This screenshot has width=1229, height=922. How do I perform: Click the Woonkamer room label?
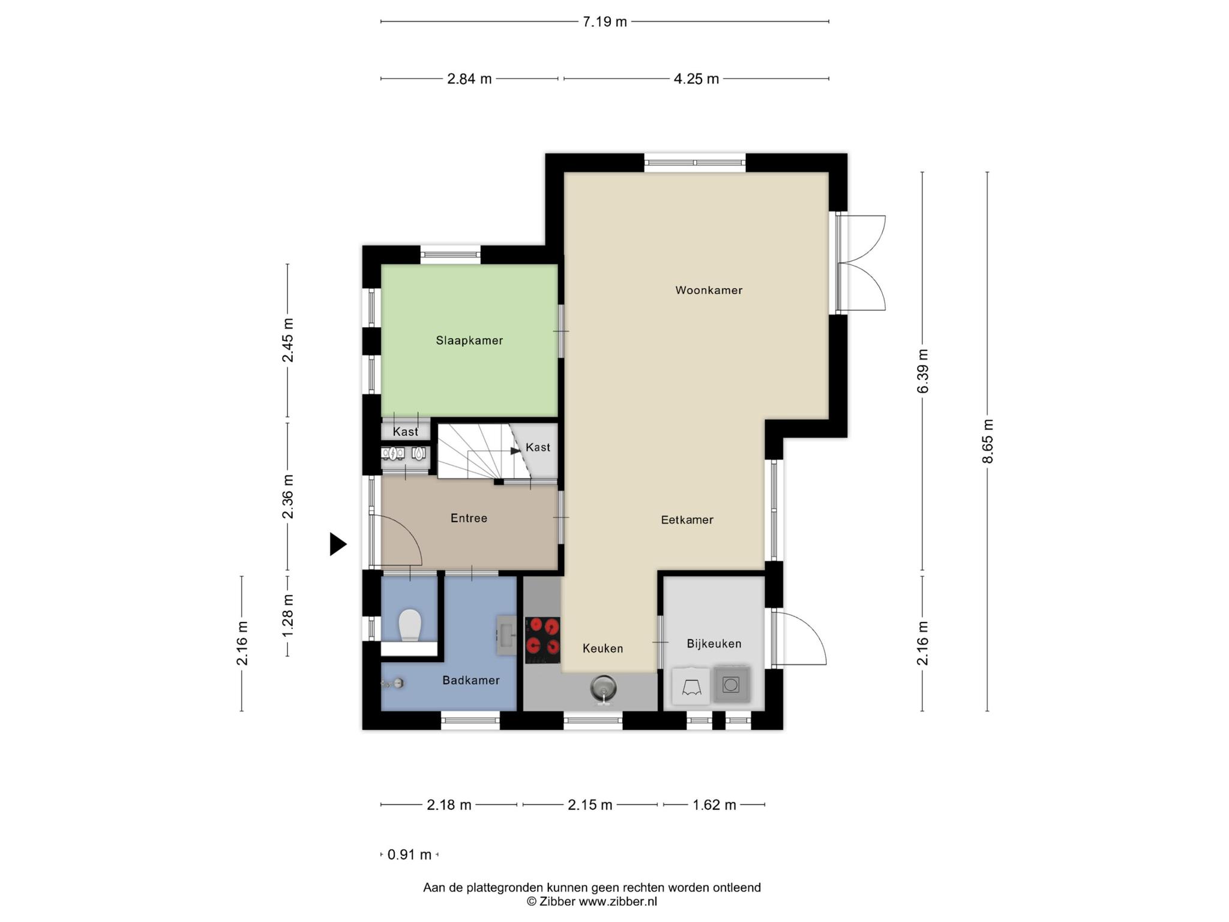tap(709, 291)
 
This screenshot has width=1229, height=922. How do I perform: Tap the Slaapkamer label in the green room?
tap(469, 341)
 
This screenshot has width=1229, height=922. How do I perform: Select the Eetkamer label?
tap(687, 520)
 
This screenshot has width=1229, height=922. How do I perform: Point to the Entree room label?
tap(469, 518)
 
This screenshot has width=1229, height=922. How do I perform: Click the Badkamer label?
tap(471, 680)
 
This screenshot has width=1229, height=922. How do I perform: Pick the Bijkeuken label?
tap(714, 644)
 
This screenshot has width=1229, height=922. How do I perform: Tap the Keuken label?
tap(602, 649)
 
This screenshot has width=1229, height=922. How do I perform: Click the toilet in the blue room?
tap(410, 625)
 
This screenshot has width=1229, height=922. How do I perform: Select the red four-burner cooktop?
tap(542, 640)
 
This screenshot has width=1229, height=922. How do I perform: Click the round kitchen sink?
tap(603, 688)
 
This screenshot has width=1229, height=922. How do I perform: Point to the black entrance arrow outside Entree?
tap(338, 544)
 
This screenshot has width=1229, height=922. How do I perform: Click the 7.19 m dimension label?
tap(605, 22)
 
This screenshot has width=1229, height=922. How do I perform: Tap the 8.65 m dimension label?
tap(988, 441)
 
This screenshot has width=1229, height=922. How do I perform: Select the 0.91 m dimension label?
tap(409, 855)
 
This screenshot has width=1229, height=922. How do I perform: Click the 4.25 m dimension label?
tap(696, 79)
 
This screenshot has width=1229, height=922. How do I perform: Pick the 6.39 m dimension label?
tap(923, 372)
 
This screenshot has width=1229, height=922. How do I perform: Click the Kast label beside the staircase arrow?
tap(538, 447)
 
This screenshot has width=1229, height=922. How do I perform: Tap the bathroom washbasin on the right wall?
tap(506, 635)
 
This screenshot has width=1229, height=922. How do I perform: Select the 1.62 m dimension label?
tap(714, 805)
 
